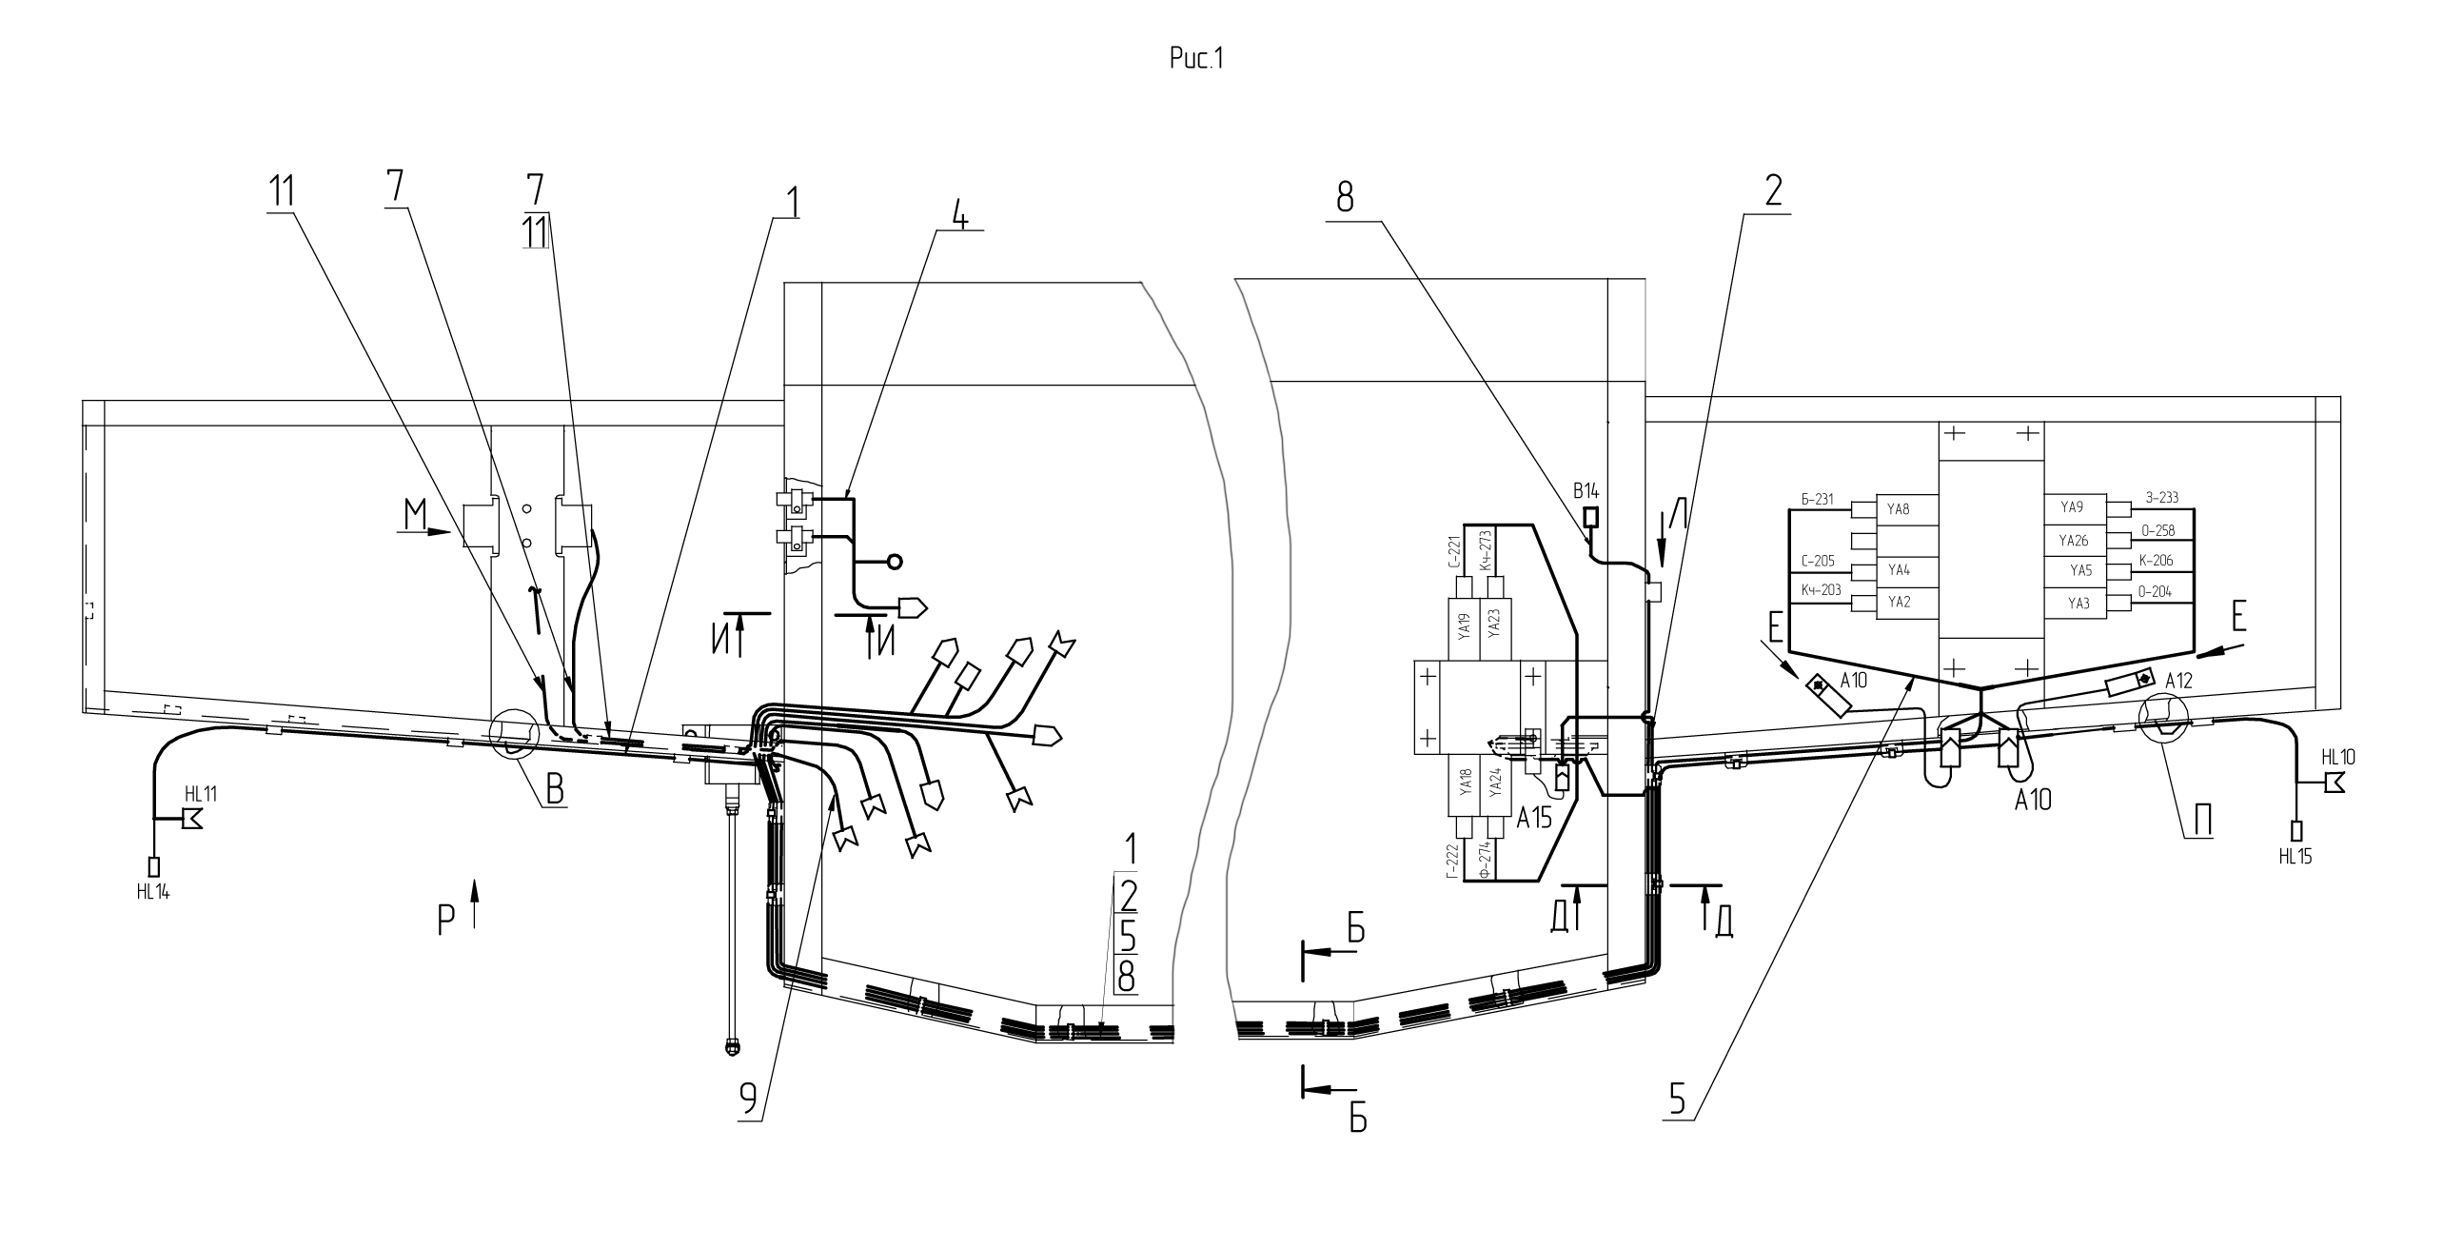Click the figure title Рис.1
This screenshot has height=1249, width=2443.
coord(1195,60)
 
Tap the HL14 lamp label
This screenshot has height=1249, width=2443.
coord(153,892)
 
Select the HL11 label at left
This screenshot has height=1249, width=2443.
coord(201,794)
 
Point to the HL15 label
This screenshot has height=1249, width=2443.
coord(2295,856)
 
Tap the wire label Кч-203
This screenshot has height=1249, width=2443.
coord(1822,590)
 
